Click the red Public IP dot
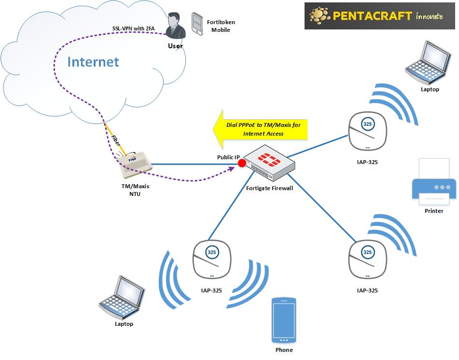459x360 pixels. (242, 165)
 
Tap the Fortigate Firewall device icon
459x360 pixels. (269, 163)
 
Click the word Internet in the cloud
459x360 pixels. (93, 62)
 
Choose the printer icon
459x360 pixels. (433, 183)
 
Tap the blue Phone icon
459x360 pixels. (284, 320)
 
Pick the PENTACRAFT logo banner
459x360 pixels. (380, 16)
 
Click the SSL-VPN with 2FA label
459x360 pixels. (134, 28)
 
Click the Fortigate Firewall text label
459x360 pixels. (269, 188)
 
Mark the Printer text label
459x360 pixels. (433, 211)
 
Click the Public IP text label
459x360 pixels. (228, 157)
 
